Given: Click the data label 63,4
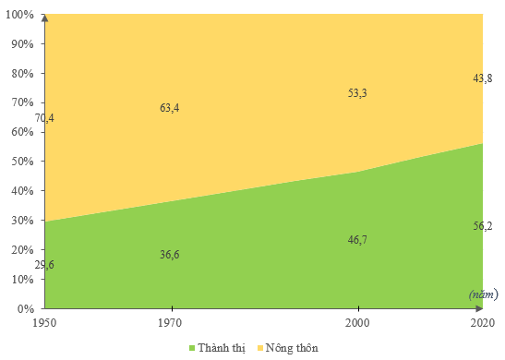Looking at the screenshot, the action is [x=169, y=108].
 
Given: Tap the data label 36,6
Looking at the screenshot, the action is [x=169, y=255].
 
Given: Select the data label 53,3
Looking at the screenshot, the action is [x=357, y=92].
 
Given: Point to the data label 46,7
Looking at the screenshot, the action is [x=357, y=240].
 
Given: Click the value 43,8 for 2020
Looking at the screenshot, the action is [x=483, y=78].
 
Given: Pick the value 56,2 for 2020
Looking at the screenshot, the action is [x=483, y=225].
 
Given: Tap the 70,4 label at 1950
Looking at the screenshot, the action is [x=44, y=118].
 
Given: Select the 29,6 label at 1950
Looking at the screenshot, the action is [x=44, y=265].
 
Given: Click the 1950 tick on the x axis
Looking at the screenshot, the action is [x=44, y=323].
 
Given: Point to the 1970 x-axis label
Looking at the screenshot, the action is [x=169, y=323].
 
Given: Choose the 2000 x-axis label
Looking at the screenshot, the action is [x=357, y=323].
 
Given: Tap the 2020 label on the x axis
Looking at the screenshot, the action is [x=483, y=323].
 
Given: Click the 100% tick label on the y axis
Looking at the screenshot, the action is [x=19, y=15].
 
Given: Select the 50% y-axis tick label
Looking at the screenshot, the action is [x=22, y=162].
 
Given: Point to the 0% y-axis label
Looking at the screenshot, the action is [x=26, y=309].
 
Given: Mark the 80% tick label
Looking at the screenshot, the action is [x=22, y=74].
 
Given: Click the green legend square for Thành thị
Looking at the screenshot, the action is [x=192, y=348].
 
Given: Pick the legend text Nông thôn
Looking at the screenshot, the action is [x=292, y=348].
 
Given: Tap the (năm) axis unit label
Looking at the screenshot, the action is [x=483, y=294].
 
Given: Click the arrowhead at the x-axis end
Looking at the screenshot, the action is [x=479, y=308].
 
